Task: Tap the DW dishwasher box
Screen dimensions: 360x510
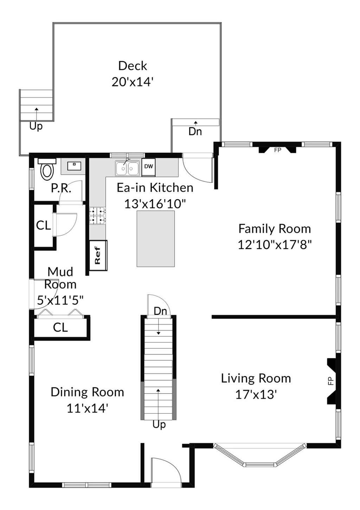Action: tap(149, 167)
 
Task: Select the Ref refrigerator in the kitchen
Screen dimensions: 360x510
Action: tap(98, 255)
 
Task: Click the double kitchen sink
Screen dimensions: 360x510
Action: tap(127, 168)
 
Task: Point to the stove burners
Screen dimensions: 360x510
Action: tap(97, 216)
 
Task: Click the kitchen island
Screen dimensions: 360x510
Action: tap(156, 238)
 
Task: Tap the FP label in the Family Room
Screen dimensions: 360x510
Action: tap(277, 150)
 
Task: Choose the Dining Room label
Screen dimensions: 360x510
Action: tap(87, 392)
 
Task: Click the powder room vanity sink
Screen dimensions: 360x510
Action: tap(73, 166)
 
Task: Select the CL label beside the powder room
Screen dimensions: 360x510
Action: tap(43, 225)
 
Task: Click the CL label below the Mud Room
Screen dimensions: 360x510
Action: tap(60, 328)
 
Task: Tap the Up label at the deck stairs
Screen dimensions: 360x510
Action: tap(36, 126)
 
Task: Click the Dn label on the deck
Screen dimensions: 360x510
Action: tap(195, 132)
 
